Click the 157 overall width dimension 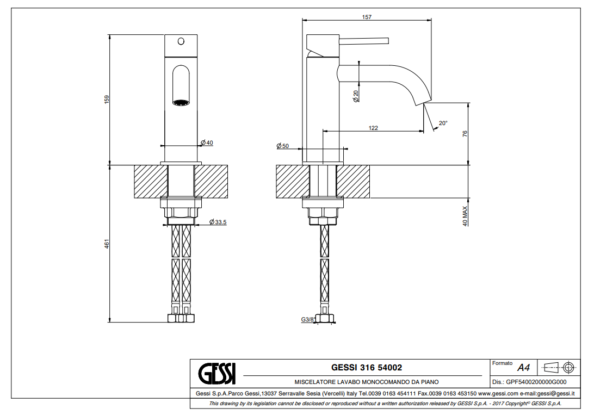pos(367,17)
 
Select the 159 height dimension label pos(107,100)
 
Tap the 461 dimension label pos(107,244)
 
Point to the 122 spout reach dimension pos(373,128)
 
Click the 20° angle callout pos(443,123)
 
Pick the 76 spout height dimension pos(465,134)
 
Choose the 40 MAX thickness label pos(465,216)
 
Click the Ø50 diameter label pos(283,146)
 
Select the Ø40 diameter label pos(207,143)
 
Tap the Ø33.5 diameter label pos(218,222)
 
